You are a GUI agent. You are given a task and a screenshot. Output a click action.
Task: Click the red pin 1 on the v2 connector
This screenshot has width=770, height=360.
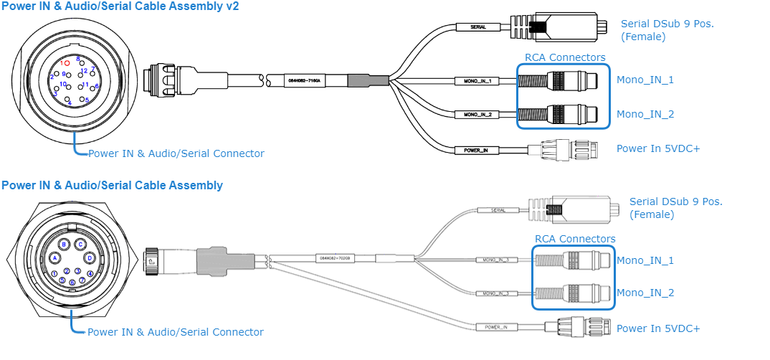click(67, 63)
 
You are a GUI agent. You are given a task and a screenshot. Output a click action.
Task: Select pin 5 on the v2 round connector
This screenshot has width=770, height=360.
click(87, 101)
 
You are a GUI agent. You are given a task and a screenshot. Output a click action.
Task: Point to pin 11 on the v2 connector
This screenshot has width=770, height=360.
click(85, 85)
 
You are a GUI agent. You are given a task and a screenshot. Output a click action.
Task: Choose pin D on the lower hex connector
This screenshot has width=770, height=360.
click(90, 257)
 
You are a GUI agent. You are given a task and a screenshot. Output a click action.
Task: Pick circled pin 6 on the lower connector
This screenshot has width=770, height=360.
click(72, 283)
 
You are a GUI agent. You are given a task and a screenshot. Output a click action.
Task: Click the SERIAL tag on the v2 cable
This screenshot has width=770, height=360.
click(477, 27)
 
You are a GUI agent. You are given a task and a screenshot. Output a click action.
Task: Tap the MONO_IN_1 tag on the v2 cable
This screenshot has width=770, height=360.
click(477, 81)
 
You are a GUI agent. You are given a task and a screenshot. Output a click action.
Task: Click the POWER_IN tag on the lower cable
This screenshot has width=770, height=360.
click(495, 327)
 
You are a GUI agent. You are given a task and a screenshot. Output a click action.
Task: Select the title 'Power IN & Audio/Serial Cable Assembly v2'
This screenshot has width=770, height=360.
click(120, 6)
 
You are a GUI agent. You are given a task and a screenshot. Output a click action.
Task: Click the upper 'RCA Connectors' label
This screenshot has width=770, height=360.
click(565, 57)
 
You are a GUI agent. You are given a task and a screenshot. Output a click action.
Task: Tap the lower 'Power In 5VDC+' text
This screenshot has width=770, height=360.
click(658, 328)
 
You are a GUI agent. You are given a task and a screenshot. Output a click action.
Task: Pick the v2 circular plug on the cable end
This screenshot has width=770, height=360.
click(162, 77)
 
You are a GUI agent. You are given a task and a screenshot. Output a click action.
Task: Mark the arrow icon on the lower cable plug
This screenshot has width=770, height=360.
click(151, 262)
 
